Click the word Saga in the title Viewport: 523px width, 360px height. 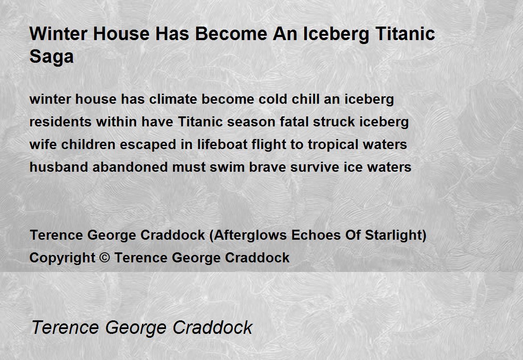pyautogui.click(x=51, y=57)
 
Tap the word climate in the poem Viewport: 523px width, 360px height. pyautogui.click(x=173, y=99)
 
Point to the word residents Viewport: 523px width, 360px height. pyautogui.click(x=61, y=122)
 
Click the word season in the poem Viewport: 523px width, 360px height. pyautogui.click(x=251, y=122)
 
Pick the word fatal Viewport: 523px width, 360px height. pyautogui.click(x=294, y=122)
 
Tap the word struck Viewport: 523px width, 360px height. pyautogui.click(x=334, y=122)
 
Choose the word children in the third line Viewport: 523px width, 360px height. pyautogui.click(x=88, y=145)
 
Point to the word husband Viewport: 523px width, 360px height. pyautogui.click(x=59, y=167)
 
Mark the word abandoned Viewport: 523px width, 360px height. pyautogui.click(x=130, y=167)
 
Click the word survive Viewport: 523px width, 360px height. pyautogui.click(x=315, y=167)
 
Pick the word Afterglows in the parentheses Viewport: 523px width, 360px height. pyautogui.click(x=250, y=235)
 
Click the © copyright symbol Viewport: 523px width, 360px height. pyautogui.click(x=105, y=258)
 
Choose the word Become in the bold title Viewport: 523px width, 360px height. pyautogui.click(x=231, y=34)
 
